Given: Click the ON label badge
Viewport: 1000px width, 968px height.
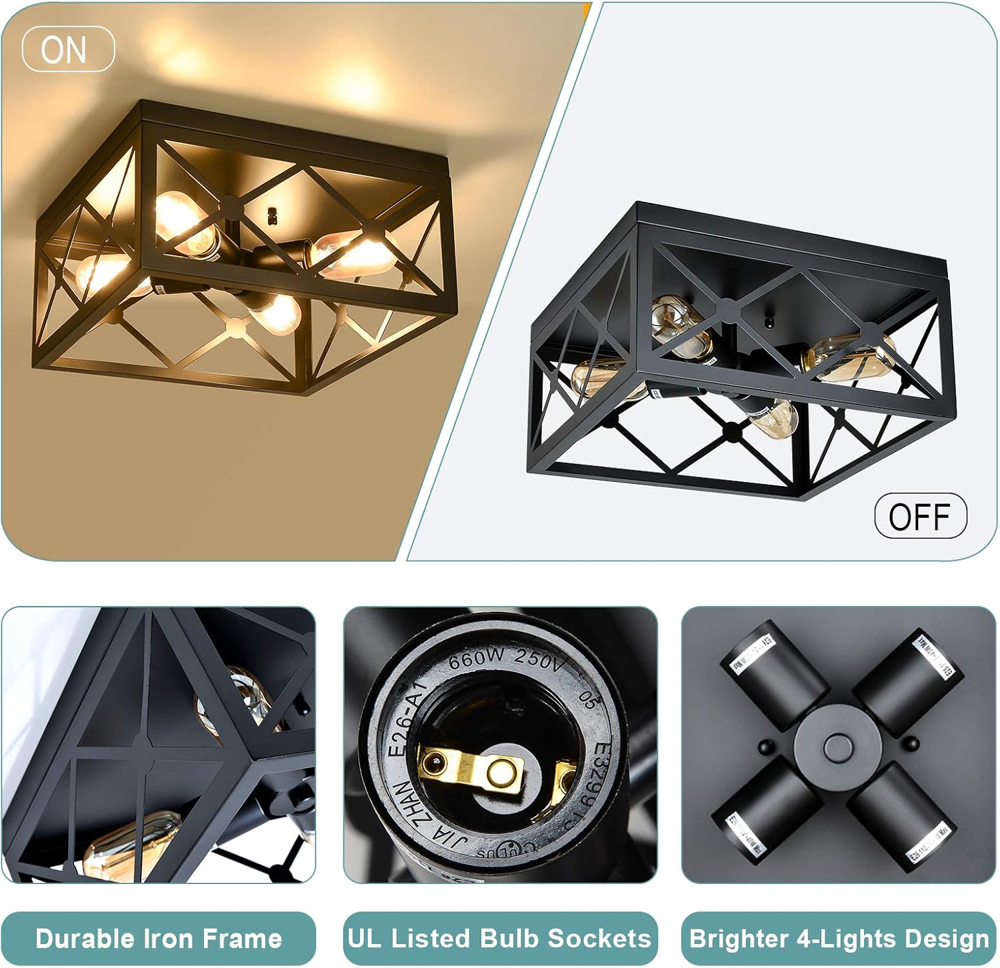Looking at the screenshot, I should [68, 49].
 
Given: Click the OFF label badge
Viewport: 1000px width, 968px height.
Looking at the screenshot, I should [919, 515].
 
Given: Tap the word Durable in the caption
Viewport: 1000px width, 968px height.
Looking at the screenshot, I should [84, 939].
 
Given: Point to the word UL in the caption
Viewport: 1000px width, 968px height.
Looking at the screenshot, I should [365, 938].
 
